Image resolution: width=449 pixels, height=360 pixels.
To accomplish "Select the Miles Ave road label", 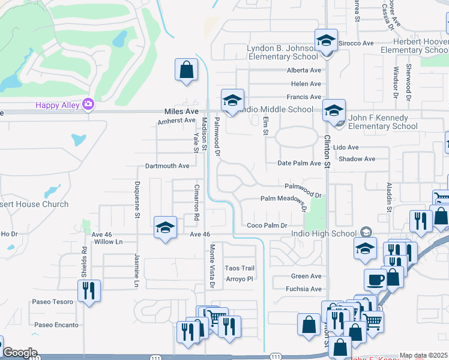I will pyautogui.click(x=181, y=112).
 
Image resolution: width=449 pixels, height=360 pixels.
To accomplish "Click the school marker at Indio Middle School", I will pyautogui.click(x=232, y=100).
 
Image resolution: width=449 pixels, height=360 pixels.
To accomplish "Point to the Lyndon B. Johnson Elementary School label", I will pyautogui.click(x=282, y=52).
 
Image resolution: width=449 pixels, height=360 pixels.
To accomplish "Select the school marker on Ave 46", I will pyautogui.click(x=165, y=227).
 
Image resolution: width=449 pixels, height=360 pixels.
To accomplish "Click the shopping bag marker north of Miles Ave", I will pyautogui.click(x=186, y=69).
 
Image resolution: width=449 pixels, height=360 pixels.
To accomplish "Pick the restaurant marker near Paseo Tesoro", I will pyautogui.click(x=89, y=290).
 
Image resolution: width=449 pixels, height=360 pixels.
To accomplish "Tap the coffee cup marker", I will pyautogui.click(x=375, y=280).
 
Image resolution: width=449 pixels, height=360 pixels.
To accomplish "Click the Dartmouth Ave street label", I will pyautogui.click(x=167, y=166).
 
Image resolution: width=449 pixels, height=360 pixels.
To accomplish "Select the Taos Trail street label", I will pyautogui.click(x=240, y=268).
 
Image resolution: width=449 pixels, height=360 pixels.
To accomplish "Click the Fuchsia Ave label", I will pyautogui.click(x=306, y=289).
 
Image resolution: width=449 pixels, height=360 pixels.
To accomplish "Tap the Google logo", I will pyautogui.click(x=20, y=353).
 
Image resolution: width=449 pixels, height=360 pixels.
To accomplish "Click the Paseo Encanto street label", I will pyautogui.click(x=56, y=325).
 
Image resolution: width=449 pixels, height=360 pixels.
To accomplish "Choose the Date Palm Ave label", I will pyautogui.click(x=300, y=163).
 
